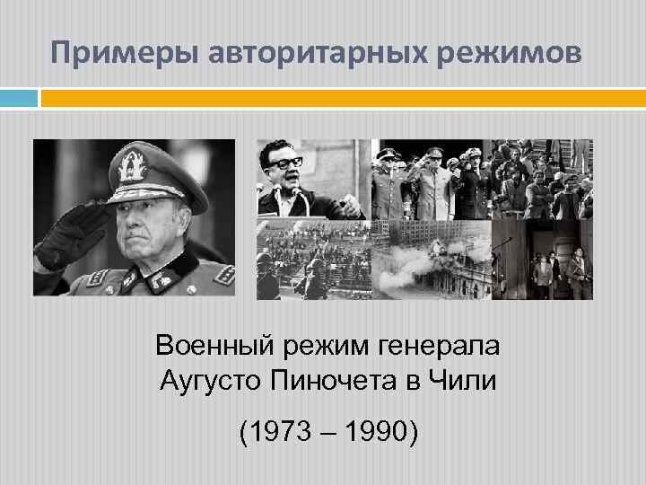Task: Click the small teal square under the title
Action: pyautogui.click(x=19, y=98)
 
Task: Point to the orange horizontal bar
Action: pyautogui.click(x=341, y=98)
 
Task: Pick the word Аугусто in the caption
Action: pyautogui.click(x=210, y=380)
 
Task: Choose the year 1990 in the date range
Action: pyautogui.click(x=372, y=435)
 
